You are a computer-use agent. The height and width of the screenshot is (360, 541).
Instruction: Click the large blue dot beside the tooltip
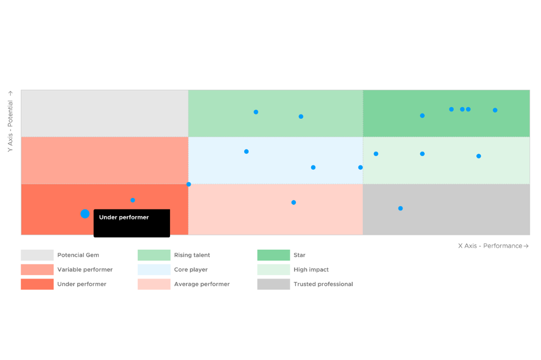point(85,214)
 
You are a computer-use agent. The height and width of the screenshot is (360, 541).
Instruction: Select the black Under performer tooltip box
point(132,223)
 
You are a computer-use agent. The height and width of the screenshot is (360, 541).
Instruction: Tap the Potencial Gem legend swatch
point(37,255)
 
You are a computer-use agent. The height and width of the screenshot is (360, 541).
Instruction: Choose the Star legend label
point(300,255)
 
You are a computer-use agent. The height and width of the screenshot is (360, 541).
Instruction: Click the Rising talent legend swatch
point(154,255)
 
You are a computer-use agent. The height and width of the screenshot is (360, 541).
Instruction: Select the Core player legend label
point(191,270)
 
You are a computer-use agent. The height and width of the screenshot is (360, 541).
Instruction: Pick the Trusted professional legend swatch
point(274,284)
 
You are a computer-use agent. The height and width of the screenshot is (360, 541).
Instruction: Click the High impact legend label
point(311,270)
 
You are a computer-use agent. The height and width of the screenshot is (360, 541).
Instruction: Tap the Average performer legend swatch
point(154,284)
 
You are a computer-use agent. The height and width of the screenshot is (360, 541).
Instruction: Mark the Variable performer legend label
point(85,270)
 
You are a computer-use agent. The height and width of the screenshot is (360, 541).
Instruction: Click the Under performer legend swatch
point(37,284)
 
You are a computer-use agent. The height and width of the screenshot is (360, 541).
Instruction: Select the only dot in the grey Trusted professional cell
point(400,208)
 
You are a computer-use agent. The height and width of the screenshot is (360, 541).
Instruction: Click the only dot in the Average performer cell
point(294,202)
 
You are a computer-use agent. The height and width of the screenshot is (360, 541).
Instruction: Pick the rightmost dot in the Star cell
point(495,110)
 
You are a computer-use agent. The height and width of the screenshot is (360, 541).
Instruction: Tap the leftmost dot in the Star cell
point(422,115)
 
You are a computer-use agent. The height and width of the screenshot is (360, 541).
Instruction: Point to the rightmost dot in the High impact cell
point(479,156)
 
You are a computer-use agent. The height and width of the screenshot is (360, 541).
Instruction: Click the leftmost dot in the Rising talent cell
point(256,112)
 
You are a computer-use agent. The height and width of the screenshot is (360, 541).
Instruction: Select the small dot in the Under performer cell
point(133,200)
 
